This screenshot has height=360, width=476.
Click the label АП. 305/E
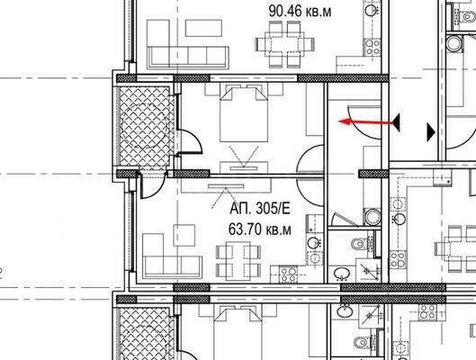tap(260, 209)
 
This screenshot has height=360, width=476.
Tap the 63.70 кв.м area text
tap(259, 229)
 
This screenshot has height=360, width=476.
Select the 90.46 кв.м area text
tap(300, 11)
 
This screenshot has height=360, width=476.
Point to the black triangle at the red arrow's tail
tap(396, 122)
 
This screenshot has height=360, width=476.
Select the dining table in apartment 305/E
tap(238, 261)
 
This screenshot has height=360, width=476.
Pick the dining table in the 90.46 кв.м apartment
tap(284, 44)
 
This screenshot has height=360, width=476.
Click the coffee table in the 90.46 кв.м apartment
tap(203, 28)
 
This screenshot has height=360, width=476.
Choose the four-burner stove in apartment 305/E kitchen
tap(288, 274)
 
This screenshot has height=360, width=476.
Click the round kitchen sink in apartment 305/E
tap(313, 242)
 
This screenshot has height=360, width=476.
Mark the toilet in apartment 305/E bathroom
tap(360, 244)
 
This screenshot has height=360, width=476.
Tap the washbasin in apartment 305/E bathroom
tap(343, 273)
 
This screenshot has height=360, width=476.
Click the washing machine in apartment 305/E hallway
tap(373, 217)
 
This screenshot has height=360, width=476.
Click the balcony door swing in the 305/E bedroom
tap(190, 141)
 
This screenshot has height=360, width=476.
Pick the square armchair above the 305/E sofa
tap(184, 235)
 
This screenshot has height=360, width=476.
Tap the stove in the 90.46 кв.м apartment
tap(373, 47)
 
